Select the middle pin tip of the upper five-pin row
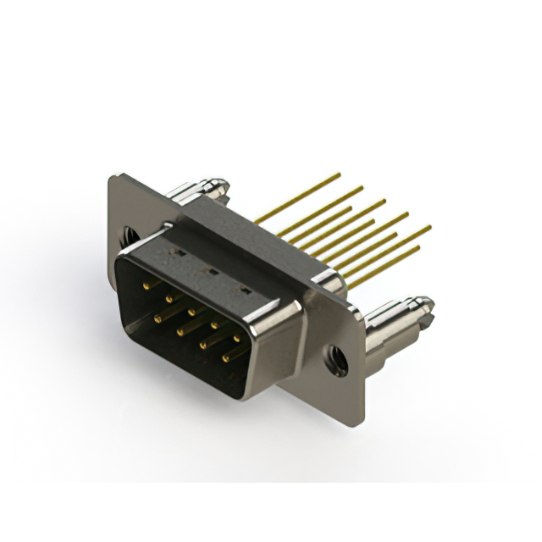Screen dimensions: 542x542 pyautogui.click(x=191, y=311)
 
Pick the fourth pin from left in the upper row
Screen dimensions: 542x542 pyautogui.click(x=213, y=324)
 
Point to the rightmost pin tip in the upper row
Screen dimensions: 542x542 pyautogui.click(x=235, y=337)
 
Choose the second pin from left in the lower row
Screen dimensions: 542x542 pyautogui.click(x=180, y=332)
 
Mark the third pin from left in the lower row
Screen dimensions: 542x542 pyautogui.click(x=202, y=345)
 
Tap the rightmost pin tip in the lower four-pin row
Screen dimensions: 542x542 pyautogui.click(x=225, y=358)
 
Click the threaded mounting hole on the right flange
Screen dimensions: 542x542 pyautogui.click(x=337, y=361)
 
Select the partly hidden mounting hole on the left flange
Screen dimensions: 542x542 pyautogui.click(x=127, y=234)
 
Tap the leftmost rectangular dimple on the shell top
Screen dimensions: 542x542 pyautogui.click(x=180, y=252)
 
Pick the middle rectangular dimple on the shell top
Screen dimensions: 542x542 pyautogui.click(x=213, y=272)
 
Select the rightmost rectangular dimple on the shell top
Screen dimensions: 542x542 pyautogui.click(x=246, y=291)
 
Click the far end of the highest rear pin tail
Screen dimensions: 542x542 pyautogui.click(x=340, y=174)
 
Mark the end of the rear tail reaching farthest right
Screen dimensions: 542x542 pyautogui.click(x=430, y=226)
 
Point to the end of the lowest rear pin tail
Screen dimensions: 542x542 pyautogui.click(x=418, y=248)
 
